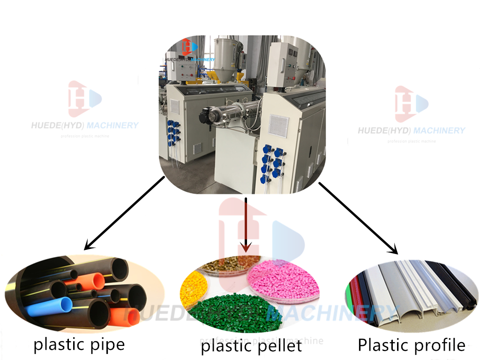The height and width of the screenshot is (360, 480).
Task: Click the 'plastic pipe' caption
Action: click(x=79, y=345)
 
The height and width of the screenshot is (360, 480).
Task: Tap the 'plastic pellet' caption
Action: click(x=251, y=346)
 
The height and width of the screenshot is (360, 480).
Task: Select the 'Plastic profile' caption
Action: click(x=412, y=345)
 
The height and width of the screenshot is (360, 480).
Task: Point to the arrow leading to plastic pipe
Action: click(x=124, y=212)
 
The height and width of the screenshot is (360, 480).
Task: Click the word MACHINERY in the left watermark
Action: click(x=113, y=125)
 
